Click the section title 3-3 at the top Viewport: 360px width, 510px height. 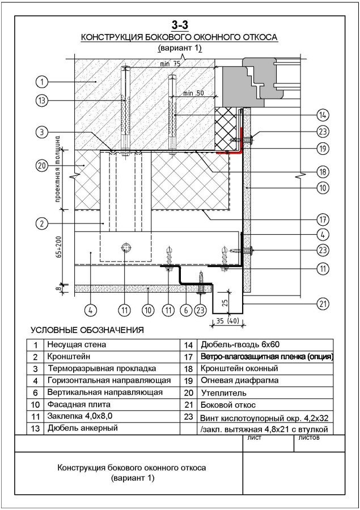point(180,25)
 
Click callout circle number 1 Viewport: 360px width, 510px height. point(41,82)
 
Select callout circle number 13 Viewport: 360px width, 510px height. point(41,101)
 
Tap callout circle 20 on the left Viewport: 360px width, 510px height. point(41,166)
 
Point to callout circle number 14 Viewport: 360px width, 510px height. point(323,115)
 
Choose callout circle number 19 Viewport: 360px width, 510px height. point(323,149)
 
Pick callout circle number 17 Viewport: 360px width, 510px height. point(323,220)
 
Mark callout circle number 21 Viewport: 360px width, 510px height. point(323,304)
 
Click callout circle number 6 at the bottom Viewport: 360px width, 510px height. point(186,310)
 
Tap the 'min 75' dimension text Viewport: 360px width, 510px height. point(170,64)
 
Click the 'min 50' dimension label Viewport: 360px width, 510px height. point(193,94)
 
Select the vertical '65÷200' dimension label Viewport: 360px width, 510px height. point(58,247)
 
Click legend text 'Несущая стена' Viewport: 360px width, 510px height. point(77,344)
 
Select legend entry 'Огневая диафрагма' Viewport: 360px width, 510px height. point(240,380)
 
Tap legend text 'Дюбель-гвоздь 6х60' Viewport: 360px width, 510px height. point(240,344)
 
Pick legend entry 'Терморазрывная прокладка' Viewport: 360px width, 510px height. point(102,369)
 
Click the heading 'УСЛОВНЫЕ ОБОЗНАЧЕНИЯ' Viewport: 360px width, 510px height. point(87,330)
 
